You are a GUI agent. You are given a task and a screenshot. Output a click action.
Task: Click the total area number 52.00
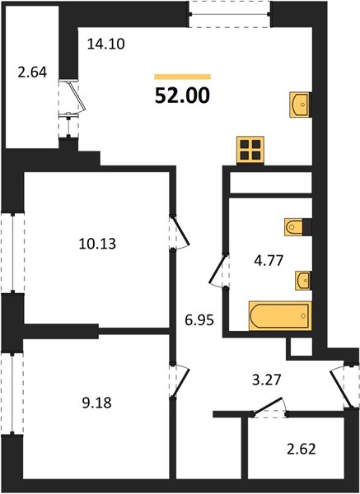pos(182,96)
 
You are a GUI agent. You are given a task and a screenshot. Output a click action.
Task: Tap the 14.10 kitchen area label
pos(106,44)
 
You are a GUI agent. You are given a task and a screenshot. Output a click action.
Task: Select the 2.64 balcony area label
pos(32,72)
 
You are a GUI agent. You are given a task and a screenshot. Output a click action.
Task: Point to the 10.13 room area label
pos(97,244)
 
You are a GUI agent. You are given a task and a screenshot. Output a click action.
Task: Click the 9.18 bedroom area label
pos(96,403)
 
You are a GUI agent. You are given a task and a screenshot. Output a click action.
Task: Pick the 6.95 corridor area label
pos(199,320)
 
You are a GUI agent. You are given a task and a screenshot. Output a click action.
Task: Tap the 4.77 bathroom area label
pos(269,261)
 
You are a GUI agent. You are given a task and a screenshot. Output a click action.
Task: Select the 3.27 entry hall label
pos(266,380)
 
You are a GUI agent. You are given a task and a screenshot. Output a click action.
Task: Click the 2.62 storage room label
pos(302,449)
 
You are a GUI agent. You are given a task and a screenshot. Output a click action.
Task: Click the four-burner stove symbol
pos(250,150)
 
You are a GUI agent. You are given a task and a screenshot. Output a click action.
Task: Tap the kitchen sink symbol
pos(301,105)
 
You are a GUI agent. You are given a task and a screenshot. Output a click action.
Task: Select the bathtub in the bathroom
pos(280,315)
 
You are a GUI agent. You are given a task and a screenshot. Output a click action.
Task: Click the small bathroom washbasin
pos(303,281)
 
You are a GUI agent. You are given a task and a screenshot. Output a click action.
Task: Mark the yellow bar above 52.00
pos(183,77)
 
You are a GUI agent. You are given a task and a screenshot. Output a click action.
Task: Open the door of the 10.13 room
pos(180,231)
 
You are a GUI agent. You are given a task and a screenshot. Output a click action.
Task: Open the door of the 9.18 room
pos(180,380)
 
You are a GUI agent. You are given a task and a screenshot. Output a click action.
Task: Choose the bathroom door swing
pos(218,269)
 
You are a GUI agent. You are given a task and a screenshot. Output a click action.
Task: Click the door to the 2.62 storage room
pos(268,408)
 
